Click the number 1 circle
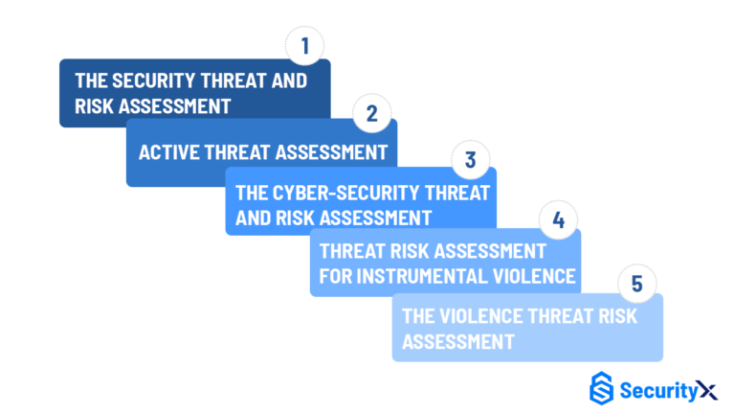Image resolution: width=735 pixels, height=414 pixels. click(305, 46)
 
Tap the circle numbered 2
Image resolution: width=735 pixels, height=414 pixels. click(372, 114)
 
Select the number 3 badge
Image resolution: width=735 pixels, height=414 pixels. click(470, 160)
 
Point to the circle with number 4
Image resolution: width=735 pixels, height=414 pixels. click(558, 221)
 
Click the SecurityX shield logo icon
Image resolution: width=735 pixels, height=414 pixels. click(601, 388)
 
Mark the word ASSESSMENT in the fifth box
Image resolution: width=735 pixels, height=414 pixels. click(458, 341)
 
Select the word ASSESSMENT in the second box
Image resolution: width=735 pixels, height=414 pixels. click(331, 152)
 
